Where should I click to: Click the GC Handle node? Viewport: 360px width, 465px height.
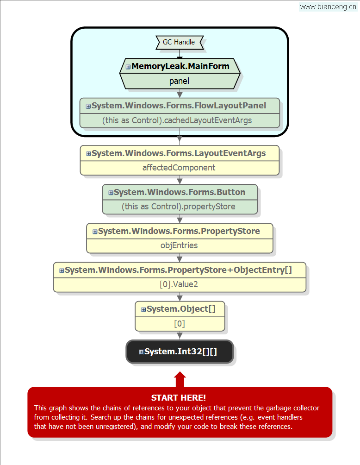click(x=180, y=43)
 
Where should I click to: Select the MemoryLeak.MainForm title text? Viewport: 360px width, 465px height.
click(x=180, y=66)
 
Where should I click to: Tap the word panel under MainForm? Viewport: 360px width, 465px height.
click(x=179, y=81)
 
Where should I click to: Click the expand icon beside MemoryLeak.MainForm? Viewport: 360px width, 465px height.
click(x=128, y=67)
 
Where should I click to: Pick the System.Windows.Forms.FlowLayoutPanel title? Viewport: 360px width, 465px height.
click(x=179, y=106)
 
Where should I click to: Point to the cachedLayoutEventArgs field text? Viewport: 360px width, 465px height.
click(x=177, y=120)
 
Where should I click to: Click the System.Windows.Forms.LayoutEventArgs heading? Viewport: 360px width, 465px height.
click(x=179, y=153)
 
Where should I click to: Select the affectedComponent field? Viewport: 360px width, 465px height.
click(x=179, y=168)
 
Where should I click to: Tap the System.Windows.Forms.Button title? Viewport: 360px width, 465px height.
click(x=180, y=192)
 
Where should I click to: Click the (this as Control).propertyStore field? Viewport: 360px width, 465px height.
click(x=179, y=207)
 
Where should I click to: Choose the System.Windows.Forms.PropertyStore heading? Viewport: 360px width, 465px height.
click(x=179, y=231)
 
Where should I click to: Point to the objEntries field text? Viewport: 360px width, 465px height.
click(x=179, y=245)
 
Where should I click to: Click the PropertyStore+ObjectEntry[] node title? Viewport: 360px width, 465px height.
click(x=178, y=270)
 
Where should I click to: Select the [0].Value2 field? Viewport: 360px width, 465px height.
click(x=179, y=284)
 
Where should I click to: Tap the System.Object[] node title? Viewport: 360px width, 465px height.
click(x=181, y=309)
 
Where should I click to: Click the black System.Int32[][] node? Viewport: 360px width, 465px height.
click(x=180, y=352)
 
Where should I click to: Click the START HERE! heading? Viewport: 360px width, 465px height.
click(x=179, y=398)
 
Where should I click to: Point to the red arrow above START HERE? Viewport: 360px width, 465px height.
click(x=180, y=379)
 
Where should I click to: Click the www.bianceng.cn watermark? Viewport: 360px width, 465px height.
click(x=328, y=6)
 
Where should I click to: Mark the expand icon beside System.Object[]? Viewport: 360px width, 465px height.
click(x=143, y=309)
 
